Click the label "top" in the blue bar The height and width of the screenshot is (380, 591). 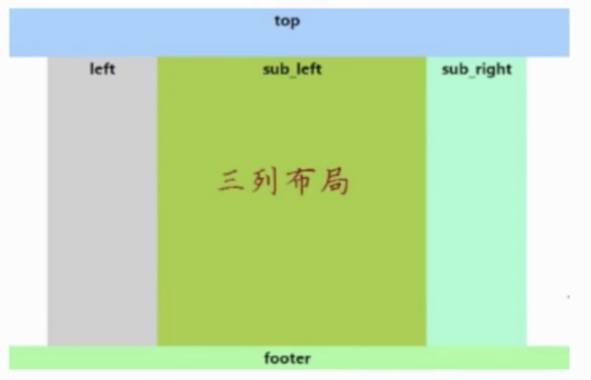tap(287, 22)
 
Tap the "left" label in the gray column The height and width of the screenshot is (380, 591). tap(102, 69)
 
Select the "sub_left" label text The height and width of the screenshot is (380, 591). tap(292, 70)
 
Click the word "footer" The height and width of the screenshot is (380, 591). tap(287, 358)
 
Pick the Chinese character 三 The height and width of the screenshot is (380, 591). tap(230, 180)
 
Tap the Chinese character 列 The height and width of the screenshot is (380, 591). tap(264, 181)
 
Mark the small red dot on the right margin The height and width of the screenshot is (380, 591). tap(568, 297)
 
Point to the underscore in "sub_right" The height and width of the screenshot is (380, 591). tap(472, 76)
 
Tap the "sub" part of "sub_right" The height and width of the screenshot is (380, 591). tap(456, 70)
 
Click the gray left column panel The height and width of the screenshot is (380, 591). tap(102, 201)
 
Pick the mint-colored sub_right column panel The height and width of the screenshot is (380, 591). tap(476, 201)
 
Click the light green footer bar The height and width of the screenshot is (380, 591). tap(289, 358)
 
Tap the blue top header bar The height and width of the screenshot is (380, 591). tap(289, 33)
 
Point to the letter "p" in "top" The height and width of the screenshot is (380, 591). tap(295, 23)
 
